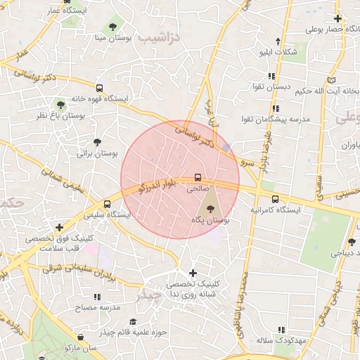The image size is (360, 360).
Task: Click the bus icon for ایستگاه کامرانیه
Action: coord(275,199)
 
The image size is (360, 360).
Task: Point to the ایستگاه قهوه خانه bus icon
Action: coord(98,89)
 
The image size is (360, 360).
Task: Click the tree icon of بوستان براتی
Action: coord(97,142)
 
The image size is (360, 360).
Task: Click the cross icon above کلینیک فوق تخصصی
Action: coord(60,227)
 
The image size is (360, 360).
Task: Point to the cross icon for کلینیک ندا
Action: coord(193,273)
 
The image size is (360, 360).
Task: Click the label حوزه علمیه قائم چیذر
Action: coord(136,331)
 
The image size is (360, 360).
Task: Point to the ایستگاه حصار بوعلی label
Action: coord(333,30)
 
